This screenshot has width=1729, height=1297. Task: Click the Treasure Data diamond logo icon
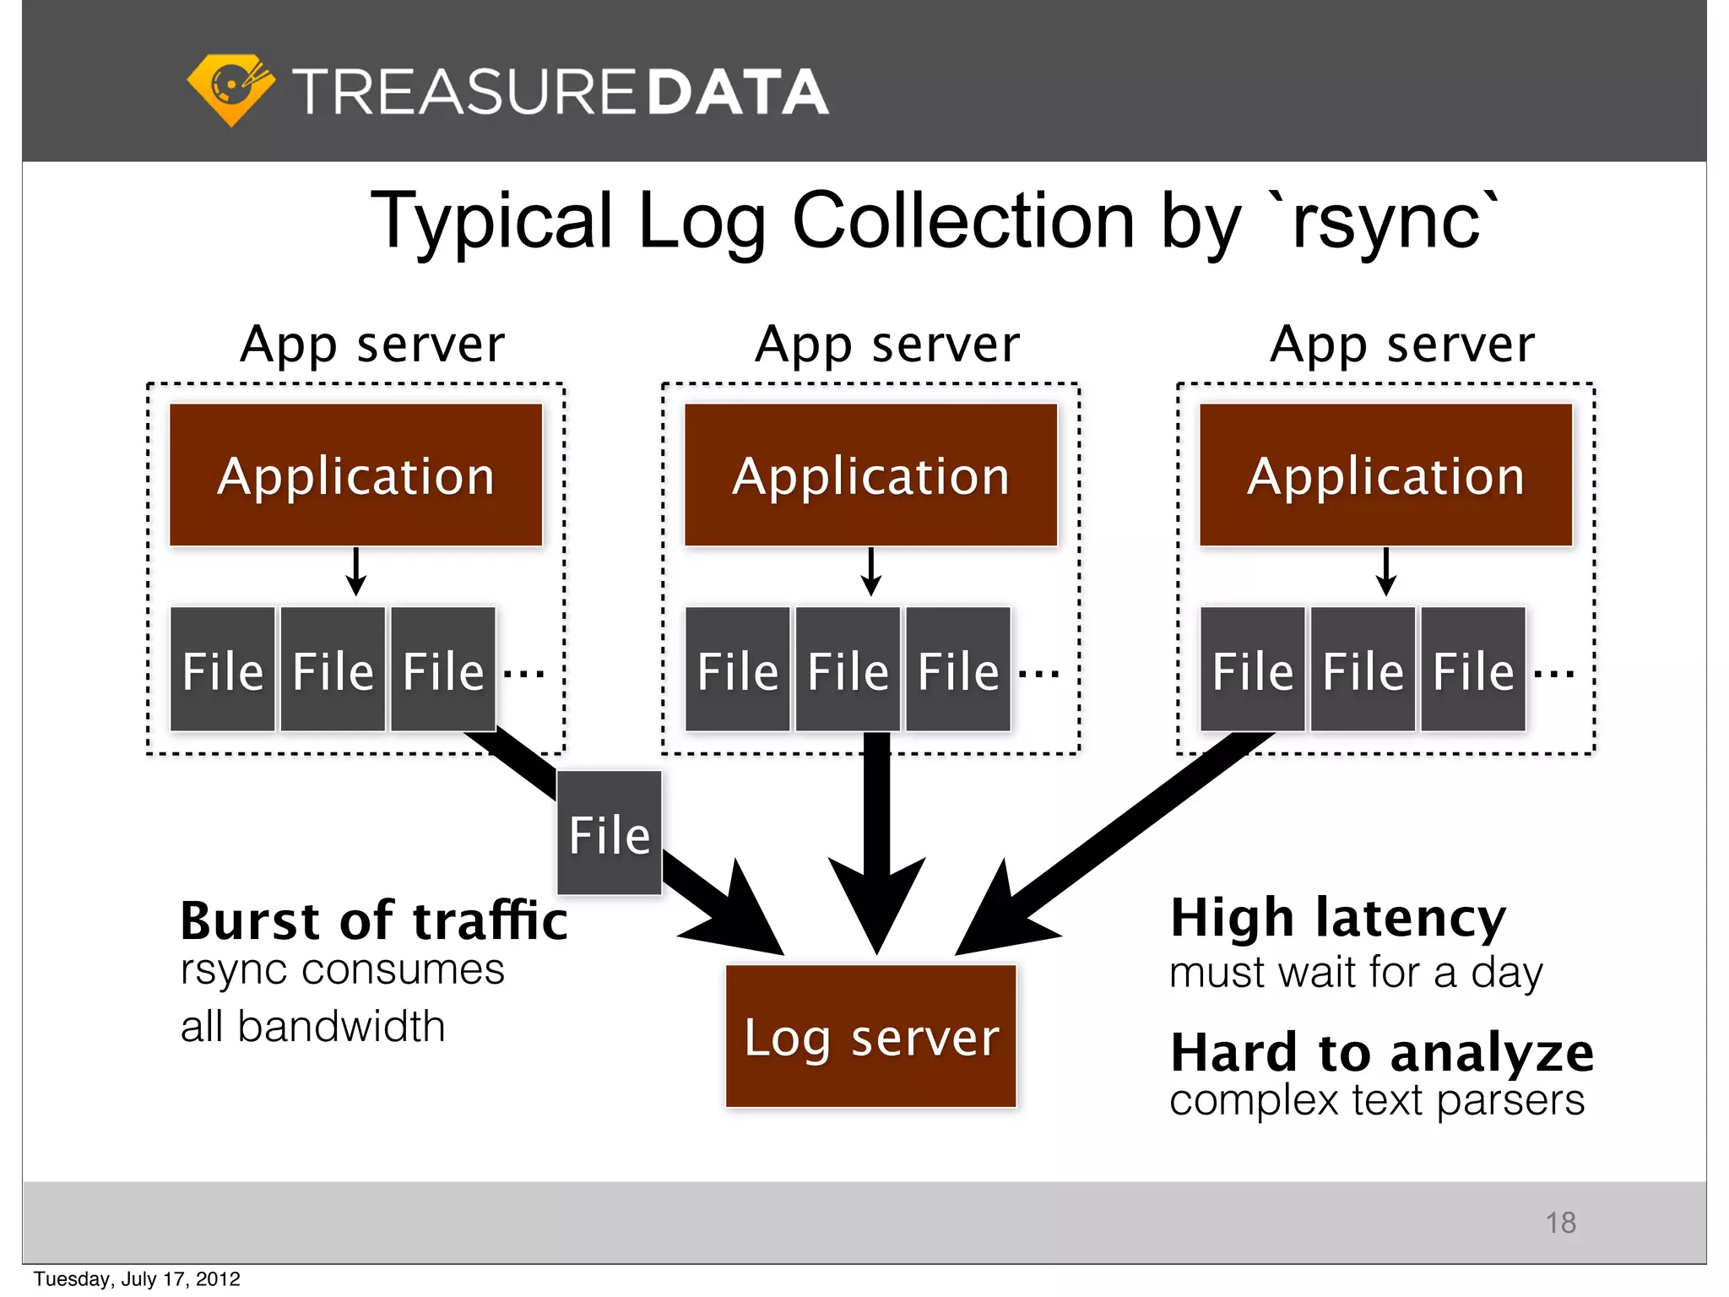tap(230, 90)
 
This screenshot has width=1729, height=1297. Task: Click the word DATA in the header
tap(738, 92)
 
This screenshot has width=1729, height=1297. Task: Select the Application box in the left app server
tap(355, 475)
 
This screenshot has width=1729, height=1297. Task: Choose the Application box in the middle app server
tap(870, 475)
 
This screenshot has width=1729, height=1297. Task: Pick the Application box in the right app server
tap(1385, 475)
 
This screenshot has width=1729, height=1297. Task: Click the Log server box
tap(870, 1036)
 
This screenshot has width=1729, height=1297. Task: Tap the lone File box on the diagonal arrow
tap(609, 833)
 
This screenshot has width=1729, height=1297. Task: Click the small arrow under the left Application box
tap(356, 573)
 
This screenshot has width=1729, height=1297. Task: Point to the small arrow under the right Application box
tap(1386, 573)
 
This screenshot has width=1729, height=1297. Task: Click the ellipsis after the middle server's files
tap(1038, 673)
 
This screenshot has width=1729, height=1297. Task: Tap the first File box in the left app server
tap(223, 670)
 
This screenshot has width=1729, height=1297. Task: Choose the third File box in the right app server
tap(1473, 670)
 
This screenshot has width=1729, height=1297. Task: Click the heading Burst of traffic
tap(374, 920)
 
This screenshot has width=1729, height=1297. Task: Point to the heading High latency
tap(1338, 918)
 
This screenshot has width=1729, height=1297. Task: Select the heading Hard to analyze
tap(1382, 1052)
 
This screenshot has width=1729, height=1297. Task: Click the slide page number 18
tap(1560, 1223)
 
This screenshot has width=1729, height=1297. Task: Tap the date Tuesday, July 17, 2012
tap(137, 1279)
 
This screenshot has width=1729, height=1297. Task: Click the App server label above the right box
tap(1402, 345)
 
